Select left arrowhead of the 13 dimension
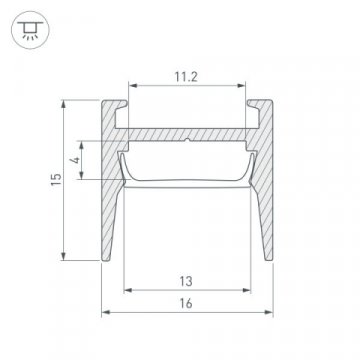click(125, 293)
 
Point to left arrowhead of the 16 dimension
click(105, 315)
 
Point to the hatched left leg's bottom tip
click(107, 259)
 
